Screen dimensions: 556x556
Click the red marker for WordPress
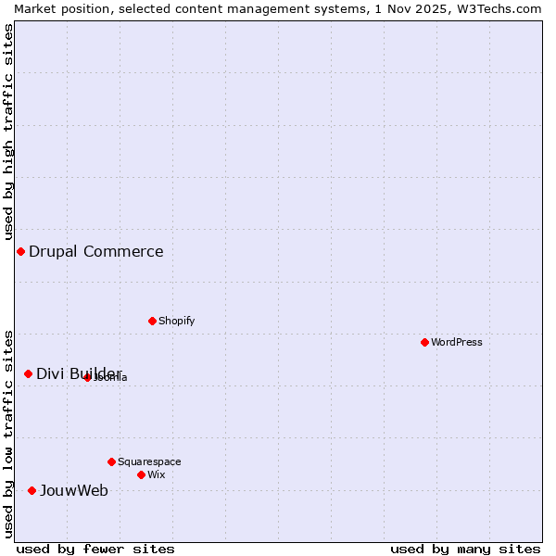[x=424, y=342]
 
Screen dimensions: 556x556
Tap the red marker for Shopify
[x=152, y=321]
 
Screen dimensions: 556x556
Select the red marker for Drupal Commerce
[x=20, y=251]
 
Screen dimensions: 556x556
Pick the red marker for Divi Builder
[x=28, y=373]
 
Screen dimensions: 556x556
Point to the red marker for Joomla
[x=87, y=377]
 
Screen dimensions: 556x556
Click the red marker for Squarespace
[x=111, y=461]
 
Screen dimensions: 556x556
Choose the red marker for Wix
[x=141, y=474]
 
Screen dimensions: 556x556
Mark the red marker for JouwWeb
[x=32, y=490]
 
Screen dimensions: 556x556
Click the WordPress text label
[x=457, y=342]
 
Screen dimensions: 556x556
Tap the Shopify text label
[x=176, y=321]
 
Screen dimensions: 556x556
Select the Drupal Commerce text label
[x=96, y=251]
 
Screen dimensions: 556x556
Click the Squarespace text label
[x=149, y=461]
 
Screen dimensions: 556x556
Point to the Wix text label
[x=157, y=474]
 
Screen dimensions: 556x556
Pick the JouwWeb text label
[x=74, y=490]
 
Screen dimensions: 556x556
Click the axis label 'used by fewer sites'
[x=96, y=549]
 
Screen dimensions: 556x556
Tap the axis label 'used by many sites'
[x=465, y=549]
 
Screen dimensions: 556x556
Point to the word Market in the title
[x=36, y=8]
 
